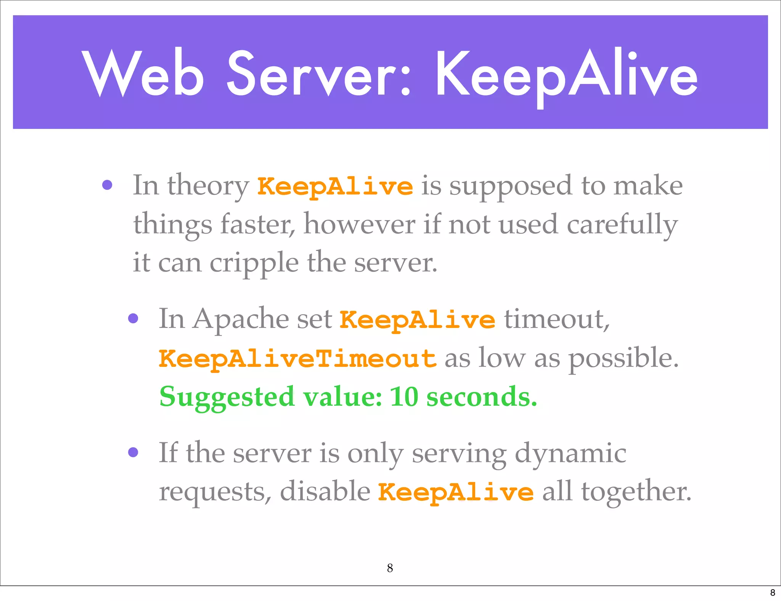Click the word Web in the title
143,73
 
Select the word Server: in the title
319,73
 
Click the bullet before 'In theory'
108,185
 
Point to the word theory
208,186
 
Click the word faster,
258,224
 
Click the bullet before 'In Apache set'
133,318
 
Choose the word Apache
241,319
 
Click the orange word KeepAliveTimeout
297,358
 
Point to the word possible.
624,358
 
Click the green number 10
404,397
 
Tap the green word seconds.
481,397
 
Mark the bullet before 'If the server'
133,452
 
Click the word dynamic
570,454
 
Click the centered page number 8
390,568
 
